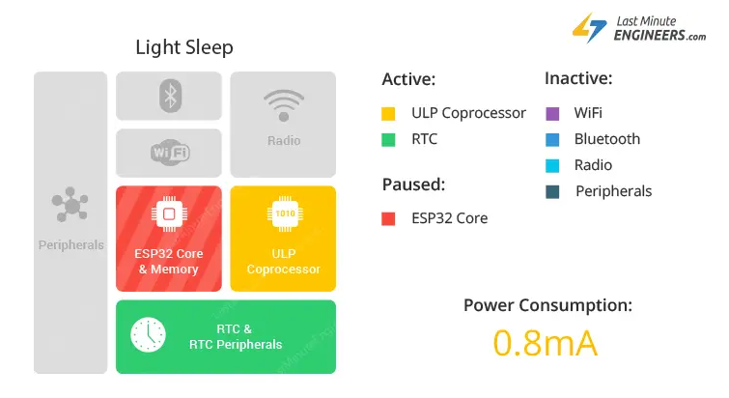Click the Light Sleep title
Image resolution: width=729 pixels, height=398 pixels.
click(x=184, y=47)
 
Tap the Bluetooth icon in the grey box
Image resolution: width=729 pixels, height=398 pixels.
click(x=170, y=97)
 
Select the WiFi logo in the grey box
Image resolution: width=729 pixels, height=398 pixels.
click(x=170, y=152)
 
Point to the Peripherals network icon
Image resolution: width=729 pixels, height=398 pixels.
click(x=70, y=204)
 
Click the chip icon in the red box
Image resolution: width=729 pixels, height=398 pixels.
click(x=169, y=213)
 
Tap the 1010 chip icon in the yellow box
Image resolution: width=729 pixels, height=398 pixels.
click(x=285, y=213)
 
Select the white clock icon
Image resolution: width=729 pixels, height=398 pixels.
click(x=148, y=335)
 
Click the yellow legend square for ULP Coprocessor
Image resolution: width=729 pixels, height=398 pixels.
click(x=388, y=114)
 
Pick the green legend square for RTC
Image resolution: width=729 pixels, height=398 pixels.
click(x=388, y=140)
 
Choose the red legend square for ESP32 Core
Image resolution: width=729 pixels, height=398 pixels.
click(x=388, y=219)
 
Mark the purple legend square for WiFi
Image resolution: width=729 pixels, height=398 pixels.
click(x=552, y=114)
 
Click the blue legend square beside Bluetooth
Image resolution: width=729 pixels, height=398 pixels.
click(x=552, y=140)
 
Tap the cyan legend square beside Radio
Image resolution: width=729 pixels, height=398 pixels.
click(x=552, y=166)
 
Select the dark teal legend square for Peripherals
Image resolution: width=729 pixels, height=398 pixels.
click(x=552, y=192)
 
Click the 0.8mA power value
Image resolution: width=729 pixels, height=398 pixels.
click(x=545, y=343)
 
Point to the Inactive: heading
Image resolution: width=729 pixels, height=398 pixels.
click(x=578, y=78)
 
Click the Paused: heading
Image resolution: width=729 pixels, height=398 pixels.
click(x=413, y=185)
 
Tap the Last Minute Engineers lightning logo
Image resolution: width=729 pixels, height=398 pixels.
click(x=590, y=28)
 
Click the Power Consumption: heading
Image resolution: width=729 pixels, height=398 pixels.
click(x=547, y=305)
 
